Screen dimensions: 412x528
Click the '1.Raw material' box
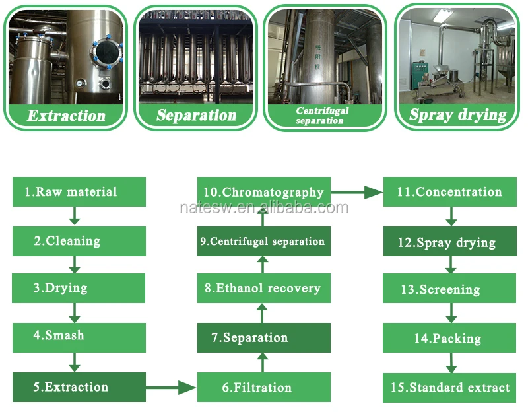point(79,192)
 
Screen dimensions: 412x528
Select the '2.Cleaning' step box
point(79,241)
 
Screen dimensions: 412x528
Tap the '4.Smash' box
point(79,335)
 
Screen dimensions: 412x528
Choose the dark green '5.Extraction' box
point(79,387)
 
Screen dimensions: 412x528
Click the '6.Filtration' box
point(263,387)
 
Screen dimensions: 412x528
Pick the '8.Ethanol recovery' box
point(263,289)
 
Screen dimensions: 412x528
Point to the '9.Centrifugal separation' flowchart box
point(263,241)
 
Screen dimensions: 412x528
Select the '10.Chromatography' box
point(263,192)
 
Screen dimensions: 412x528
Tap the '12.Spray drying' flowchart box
point(449,242)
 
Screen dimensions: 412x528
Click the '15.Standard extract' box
point(449,388)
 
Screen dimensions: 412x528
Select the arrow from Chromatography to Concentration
point(356,193)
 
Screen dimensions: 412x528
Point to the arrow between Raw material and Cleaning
point(75,216)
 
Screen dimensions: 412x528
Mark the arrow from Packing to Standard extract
point(451,362)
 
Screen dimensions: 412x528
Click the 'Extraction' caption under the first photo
point(66,116)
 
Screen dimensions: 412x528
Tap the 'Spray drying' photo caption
point(457,114)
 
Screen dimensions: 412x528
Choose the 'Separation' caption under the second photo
point(196,115)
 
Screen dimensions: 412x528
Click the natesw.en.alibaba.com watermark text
point(264,208)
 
